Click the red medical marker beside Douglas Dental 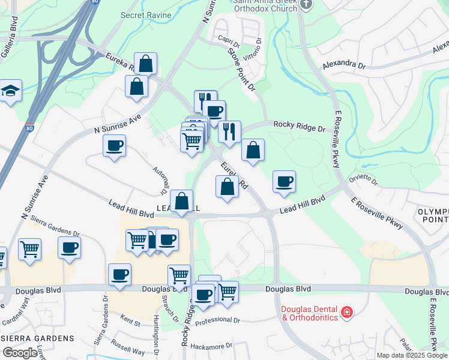pyautogui.click(x=346, y=312)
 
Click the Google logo pyautogui.click(x=20, y=353)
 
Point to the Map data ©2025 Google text pyautogui.click(x=412, y=355)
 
